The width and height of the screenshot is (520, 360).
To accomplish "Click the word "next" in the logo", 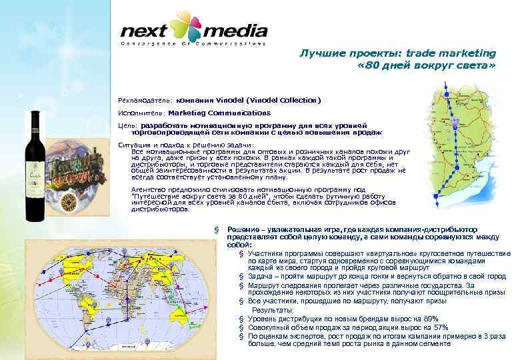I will (143, 31).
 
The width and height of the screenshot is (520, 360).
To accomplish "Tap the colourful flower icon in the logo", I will (185, 27).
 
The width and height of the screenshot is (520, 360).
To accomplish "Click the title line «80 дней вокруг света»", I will (427, 67).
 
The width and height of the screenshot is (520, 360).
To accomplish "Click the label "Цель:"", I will (127, 125).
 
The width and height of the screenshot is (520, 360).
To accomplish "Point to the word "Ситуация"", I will (132, 145).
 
